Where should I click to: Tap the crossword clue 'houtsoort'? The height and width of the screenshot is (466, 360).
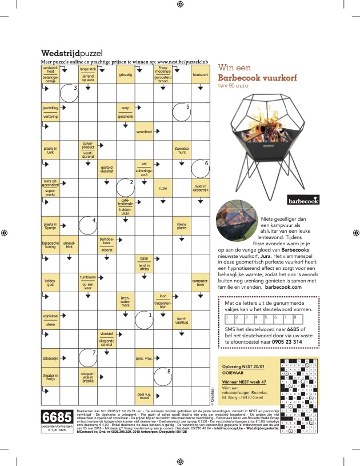[201, 75]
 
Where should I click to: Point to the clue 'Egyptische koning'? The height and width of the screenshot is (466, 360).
[50, 244]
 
